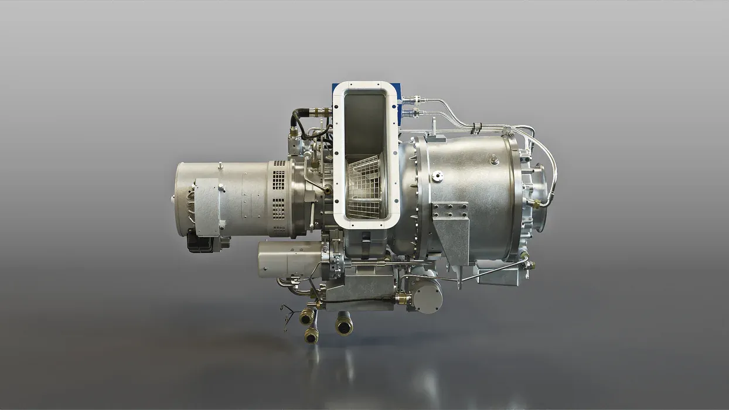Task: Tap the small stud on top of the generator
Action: tap(222, 187)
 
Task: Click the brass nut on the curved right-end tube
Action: tap(534, 204)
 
